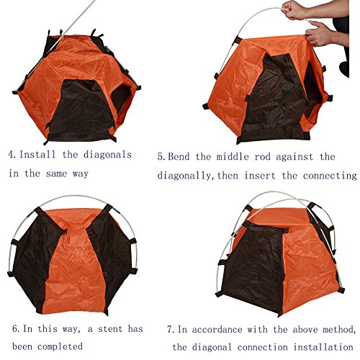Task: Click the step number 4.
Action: (x=12, y=155)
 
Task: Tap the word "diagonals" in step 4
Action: (x=107, y=155)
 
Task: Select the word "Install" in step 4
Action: (x=37, y=154)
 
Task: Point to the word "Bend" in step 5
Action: (x=179, y=157)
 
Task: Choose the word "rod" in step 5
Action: (x=262, y=157)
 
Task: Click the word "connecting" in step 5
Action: (x=330, y=176)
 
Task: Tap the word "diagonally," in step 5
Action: (x=185, y=176)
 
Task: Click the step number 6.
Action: (x=17, y=329)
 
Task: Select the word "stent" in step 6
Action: (x=109, y=329)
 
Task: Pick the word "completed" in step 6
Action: (x=60, y=347)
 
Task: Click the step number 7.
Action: (x=171, y=329)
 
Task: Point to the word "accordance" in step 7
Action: (x=217, y=329)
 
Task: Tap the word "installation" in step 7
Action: (x=323, y=347)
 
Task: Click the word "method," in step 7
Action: (x=339, y=329)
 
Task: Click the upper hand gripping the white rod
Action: (x=294, y=10)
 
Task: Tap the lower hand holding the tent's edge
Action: (x=319, y=34)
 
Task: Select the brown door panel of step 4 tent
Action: (x=81, y=110)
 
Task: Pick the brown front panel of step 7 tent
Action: (x=254, y=266)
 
